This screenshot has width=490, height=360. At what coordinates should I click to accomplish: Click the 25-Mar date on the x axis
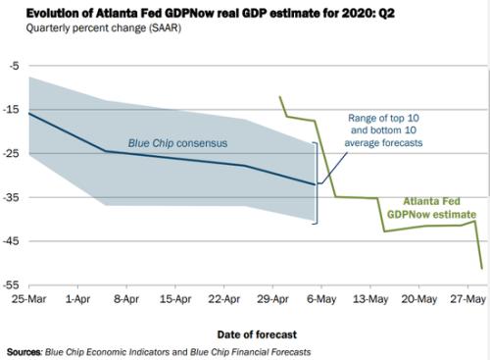coord(26,295)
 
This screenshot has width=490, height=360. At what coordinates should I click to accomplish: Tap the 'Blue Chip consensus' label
coord(177,143)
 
